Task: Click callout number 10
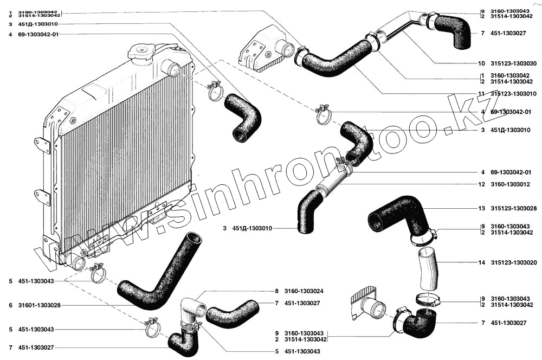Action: tap(481, 63)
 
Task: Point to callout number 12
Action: tap(481, 184)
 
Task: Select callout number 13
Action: tap(481, 208)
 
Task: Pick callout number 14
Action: tap(481, 262)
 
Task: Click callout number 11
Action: tap(481, 94)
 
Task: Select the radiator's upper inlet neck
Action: tap(172, 69)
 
